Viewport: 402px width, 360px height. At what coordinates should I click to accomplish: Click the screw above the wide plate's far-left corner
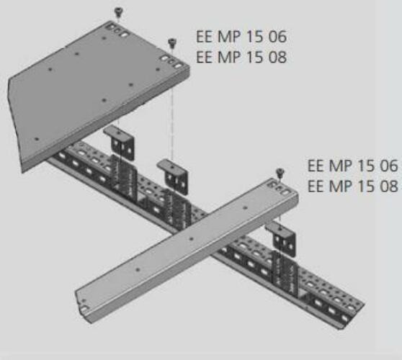point(118,12)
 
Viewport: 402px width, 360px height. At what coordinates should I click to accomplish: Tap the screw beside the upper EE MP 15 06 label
point(172,42)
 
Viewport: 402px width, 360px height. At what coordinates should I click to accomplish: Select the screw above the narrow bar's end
point(280,173)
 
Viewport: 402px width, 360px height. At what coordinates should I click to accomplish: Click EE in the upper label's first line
point(205,37)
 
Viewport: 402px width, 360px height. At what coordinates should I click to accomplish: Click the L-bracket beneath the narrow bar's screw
point(282,238)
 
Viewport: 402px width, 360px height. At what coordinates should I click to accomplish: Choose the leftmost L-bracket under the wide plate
point(120,142)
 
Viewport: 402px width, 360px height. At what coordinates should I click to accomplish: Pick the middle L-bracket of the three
point(173,176)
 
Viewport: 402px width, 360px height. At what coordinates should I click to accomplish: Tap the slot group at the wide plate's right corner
point(171,61)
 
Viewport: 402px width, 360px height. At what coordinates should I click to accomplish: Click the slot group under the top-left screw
point(117,30)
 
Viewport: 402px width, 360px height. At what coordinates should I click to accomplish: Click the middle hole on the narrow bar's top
point(191,239)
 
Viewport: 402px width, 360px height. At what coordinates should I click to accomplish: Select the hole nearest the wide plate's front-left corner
point(37,139)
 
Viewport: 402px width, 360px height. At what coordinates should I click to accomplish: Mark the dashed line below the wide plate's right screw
point(172,104)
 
